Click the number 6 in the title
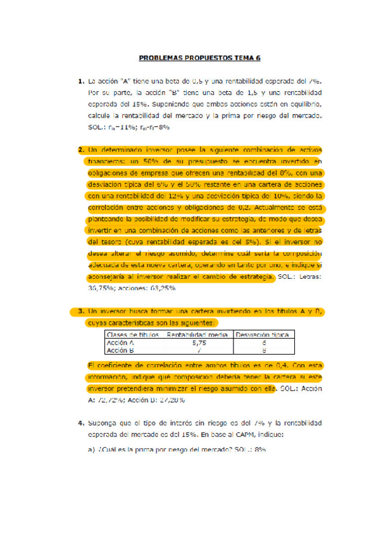(x=258, y=57)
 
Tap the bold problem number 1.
(x=81, y=81)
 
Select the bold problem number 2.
(x=81, y=150)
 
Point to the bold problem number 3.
(x=81, y=311)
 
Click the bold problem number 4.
(x=81, y=422)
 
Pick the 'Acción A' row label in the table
(x=120, y=342)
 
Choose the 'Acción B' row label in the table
(x=120, y=350)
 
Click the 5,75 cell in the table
(x=199, y=342)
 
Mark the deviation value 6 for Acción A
(x=263, y=342)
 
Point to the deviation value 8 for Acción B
(x=263, y=350)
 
